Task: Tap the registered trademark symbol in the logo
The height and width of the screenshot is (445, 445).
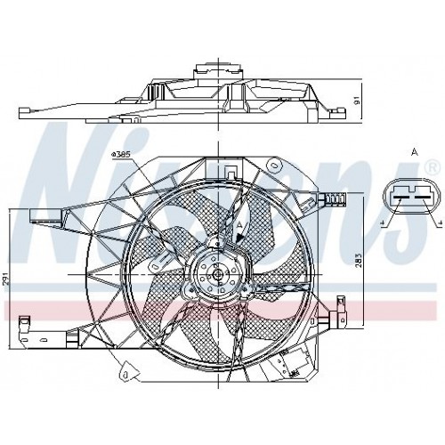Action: tap(432, 166)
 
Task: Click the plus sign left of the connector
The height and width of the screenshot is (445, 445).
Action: tap(382, 224)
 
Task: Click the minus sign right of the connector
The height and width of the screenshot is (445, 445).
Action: tap(438, 224)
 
